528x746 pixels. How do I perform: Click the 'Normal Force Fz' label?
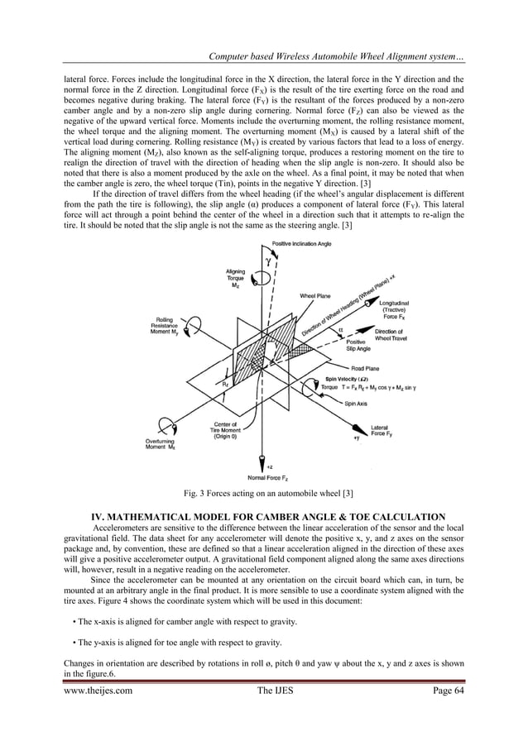(x=264, y=478)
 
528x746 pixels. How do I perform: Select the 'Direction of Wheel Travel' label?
(x=394, y=333)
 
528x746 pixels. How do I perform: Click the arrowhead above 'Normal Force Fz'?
(x=263, y=458)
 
